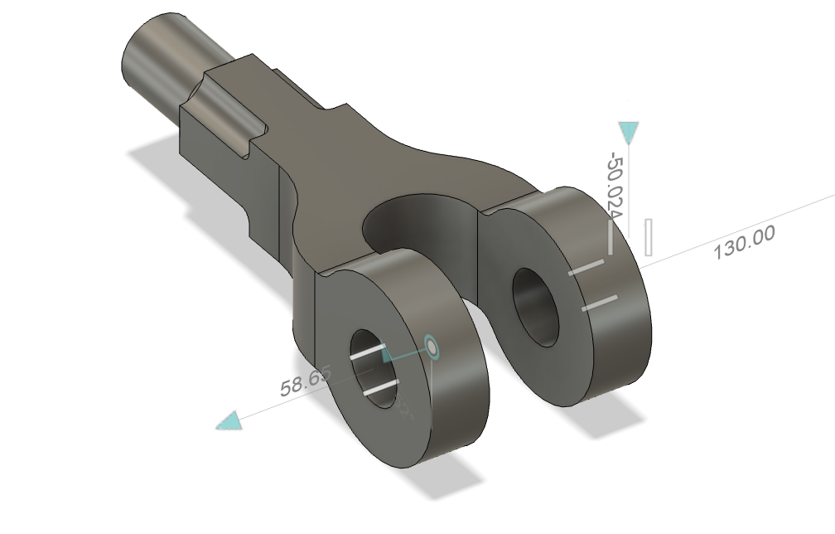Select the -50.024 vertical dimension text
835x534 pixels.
[x=615, y=186]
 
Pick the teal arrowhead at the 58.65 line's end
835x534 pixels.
[x=229, y=422]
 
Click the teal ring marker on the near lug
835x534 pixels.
[x=431, y=347]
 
